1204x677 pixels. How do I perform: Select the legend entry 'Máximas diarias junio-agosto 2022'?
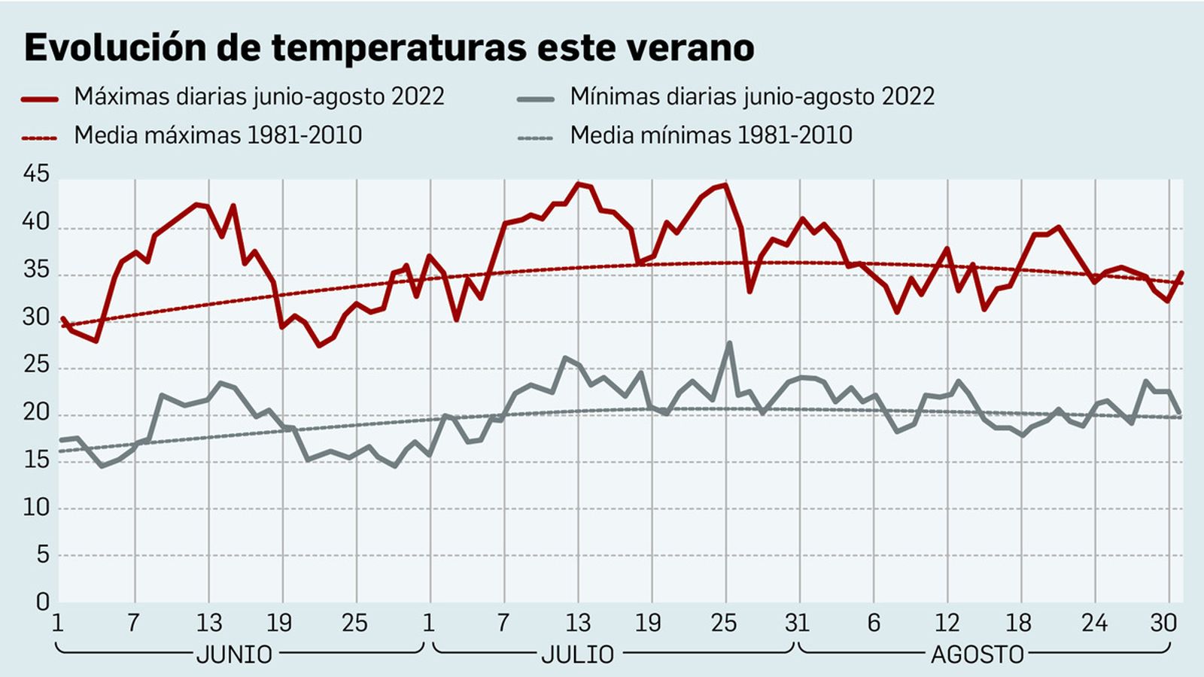coord(259,97)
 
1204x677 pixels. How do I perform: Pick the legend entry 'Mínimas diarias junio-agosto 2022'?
coord(752,97)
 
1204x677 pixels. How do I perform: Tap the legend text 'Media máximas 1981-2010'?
coord(217,136)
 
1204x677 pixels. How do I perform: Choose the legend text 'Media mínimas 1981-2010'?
coord(710,136)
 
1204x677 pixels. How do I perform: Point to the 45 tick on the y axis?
coord(36,175)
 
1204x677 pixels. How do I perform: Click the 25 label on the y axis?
coord(36,366)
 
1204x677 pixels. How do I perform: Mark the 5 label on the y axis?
coord(42,556)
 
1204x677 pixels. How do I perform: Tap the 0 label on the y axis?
coord(42,602)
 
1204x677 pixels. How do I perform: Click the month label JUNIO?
coord(234,654)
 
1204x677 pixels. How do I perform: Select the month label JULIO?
coord(578,654)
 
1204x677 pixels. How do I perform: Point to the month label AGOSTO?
coord(977,654)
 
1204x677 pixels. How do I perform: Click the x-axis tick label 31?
coord(797,623)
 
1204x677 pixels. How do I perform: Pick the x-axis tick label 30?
coord(1163,623)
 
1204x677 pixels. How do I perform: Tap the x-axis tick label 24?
coord(1094,623)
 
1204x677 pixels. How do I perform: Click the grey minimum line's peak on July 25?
coord(728,344)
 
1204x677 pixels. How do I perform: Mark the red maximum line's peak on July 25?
coord(725,184)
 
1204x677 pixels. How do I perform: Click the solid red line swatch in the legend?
coord(40,99)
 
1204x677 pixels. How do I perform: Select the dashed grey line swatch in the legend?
coord(535,138)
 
